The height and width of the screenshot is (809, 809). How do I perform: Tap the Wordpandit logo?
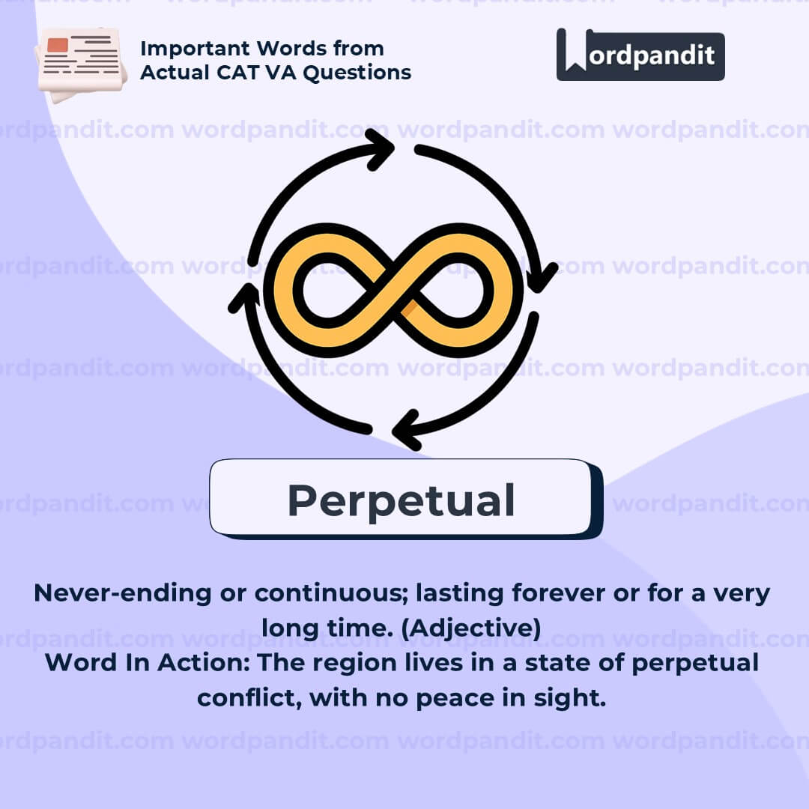(640, 55)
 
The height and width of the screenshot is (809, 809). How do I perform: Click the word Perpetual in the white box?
(401, 501)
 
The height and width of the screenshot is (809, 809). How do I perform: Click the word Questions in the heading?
(357, 73)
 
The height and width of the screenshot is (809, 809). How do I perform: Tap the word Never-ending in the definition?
(123, 593)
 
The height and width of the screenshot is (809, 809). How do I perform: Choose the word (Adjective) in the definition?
(471, 628)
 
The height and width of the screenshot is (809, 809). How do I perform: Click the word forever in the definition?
(558, 593)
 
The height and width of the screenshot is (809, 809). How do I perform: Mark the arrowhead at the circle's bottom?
(407, 430)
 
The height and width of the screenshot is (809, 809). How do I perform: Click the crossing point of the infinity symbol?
(394, 291)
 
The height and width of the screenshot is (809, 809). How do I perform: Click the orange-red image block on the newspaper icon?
(57, 45)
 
